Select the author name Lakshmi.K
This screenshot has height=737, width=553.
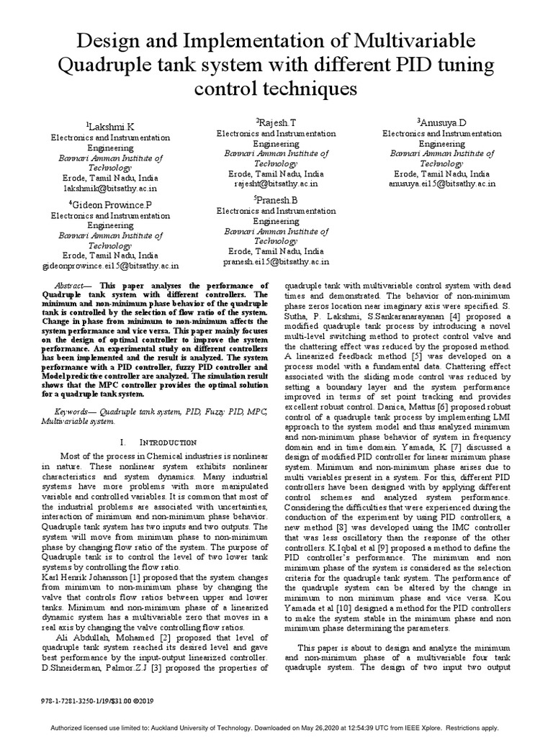(x=111, y=126)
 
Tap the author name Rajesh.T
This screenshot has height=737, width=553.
(x=276, y=123)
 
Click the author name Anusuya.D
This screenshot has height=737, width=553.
(x=443, y=123)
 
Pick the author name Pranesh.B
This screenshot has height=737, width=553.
(x=276, y=200)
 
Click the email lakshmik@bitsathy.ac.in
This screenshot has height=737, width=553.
(x=109, y=186)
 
